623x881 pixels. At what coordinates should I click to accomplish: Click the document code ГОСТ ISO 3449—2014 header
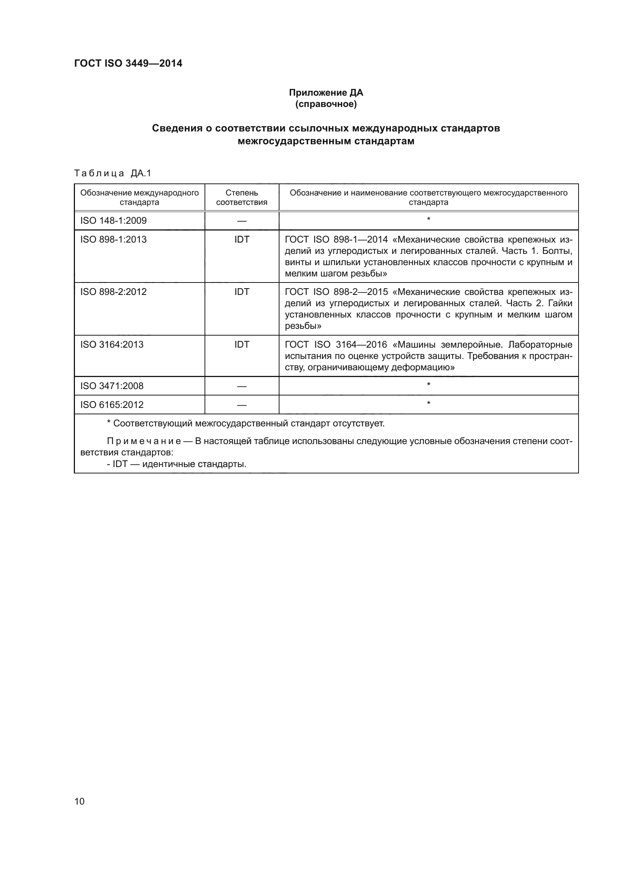(128, 63)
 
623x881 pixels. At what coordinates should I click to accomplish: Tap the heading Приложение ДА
(326, 93)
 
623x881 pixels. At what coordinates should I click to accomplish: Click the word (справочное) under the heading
(326, 104)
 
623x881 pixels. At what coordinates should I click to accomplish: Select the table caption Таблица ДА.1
(113, 173)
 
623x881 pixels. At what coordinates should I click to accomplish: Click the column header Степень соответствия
(242, 197)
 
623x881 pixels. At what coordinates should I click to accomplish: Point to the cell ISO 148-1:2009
(113, 221)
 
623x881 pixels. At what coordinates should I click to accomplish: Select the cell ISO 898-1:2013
(113, 240)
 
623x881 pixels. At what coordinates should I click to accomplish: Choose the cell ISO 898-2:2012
(113, 292)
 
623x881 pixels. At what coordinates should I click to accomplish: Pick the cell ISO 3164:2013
(111, 344)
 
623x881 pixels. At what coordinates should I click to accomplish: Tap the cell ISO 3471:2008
(111, 386)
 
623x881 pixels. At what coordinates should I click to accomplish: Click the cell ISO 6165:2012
(111, 405)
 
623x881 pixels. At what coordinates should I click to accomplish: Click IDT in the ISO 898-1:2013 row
(242, 240)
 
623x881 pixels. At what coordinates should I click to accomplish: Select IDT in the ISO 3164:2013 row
(242, 344)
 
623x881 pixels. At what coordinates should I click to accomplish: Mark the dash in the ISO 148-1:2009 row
(242, 221)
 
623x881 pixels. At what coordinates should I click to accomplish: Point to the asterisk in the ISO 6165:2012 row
(429, 403)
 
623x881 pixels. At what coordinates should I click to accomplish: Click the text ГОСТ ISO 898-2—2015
(336, 292)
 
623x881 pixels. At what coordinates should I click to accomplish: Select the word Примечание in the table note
(144, 441)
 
